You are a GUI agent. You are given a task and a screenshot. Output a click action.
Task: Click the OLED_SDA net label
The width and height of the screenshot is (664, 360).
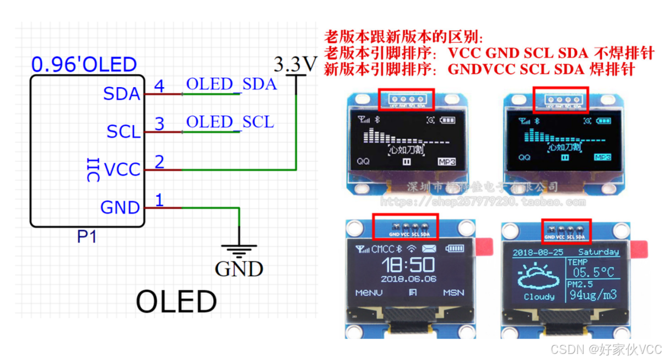[231, 84]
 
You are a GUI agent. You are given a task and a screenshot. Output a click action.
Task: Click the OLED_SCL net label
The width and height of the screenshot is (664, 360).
[230, 122]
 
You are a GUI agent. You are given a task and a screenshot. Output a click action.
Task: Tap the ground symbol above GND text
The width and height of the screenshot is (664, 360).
[239, 251]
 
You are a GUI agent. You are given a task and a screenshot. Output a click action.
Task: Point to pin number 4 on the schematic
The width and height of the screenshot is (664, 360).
[159, 86]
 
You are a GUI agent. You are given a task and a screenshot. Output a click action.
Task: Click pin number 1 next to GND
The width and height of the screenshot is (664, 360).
[159, 200]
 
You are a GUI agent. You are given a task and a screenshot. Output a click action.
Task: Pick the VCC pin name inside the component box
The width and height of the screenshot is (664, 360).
[122, 169]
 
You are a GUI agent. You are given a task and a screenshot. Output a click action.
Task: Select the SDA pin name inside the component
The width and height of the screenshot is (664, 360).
[122, 94]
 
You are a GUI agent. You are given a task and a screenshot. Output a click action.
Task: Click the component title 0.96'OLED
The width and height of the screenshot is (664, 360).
[84, 65]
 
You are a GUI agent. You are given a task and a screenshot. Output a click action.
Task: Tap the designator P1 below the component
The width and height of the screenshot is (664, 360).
[87, 237]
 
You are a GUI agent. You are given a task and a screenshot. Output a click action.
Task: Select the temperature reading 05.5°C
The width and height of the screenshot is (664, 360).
[594, 272]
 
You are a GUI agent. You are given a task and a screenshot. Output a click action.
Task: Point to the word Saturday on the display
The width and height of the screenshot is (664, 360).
[598, 252]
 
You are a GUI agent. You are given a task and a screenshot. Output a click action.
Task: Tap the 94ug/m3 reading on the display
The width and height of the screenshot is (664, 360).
[593, 294]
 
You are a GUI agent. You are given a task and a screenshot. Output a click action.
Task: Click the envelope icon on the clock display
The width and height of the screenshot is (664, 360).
[429, 249]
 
